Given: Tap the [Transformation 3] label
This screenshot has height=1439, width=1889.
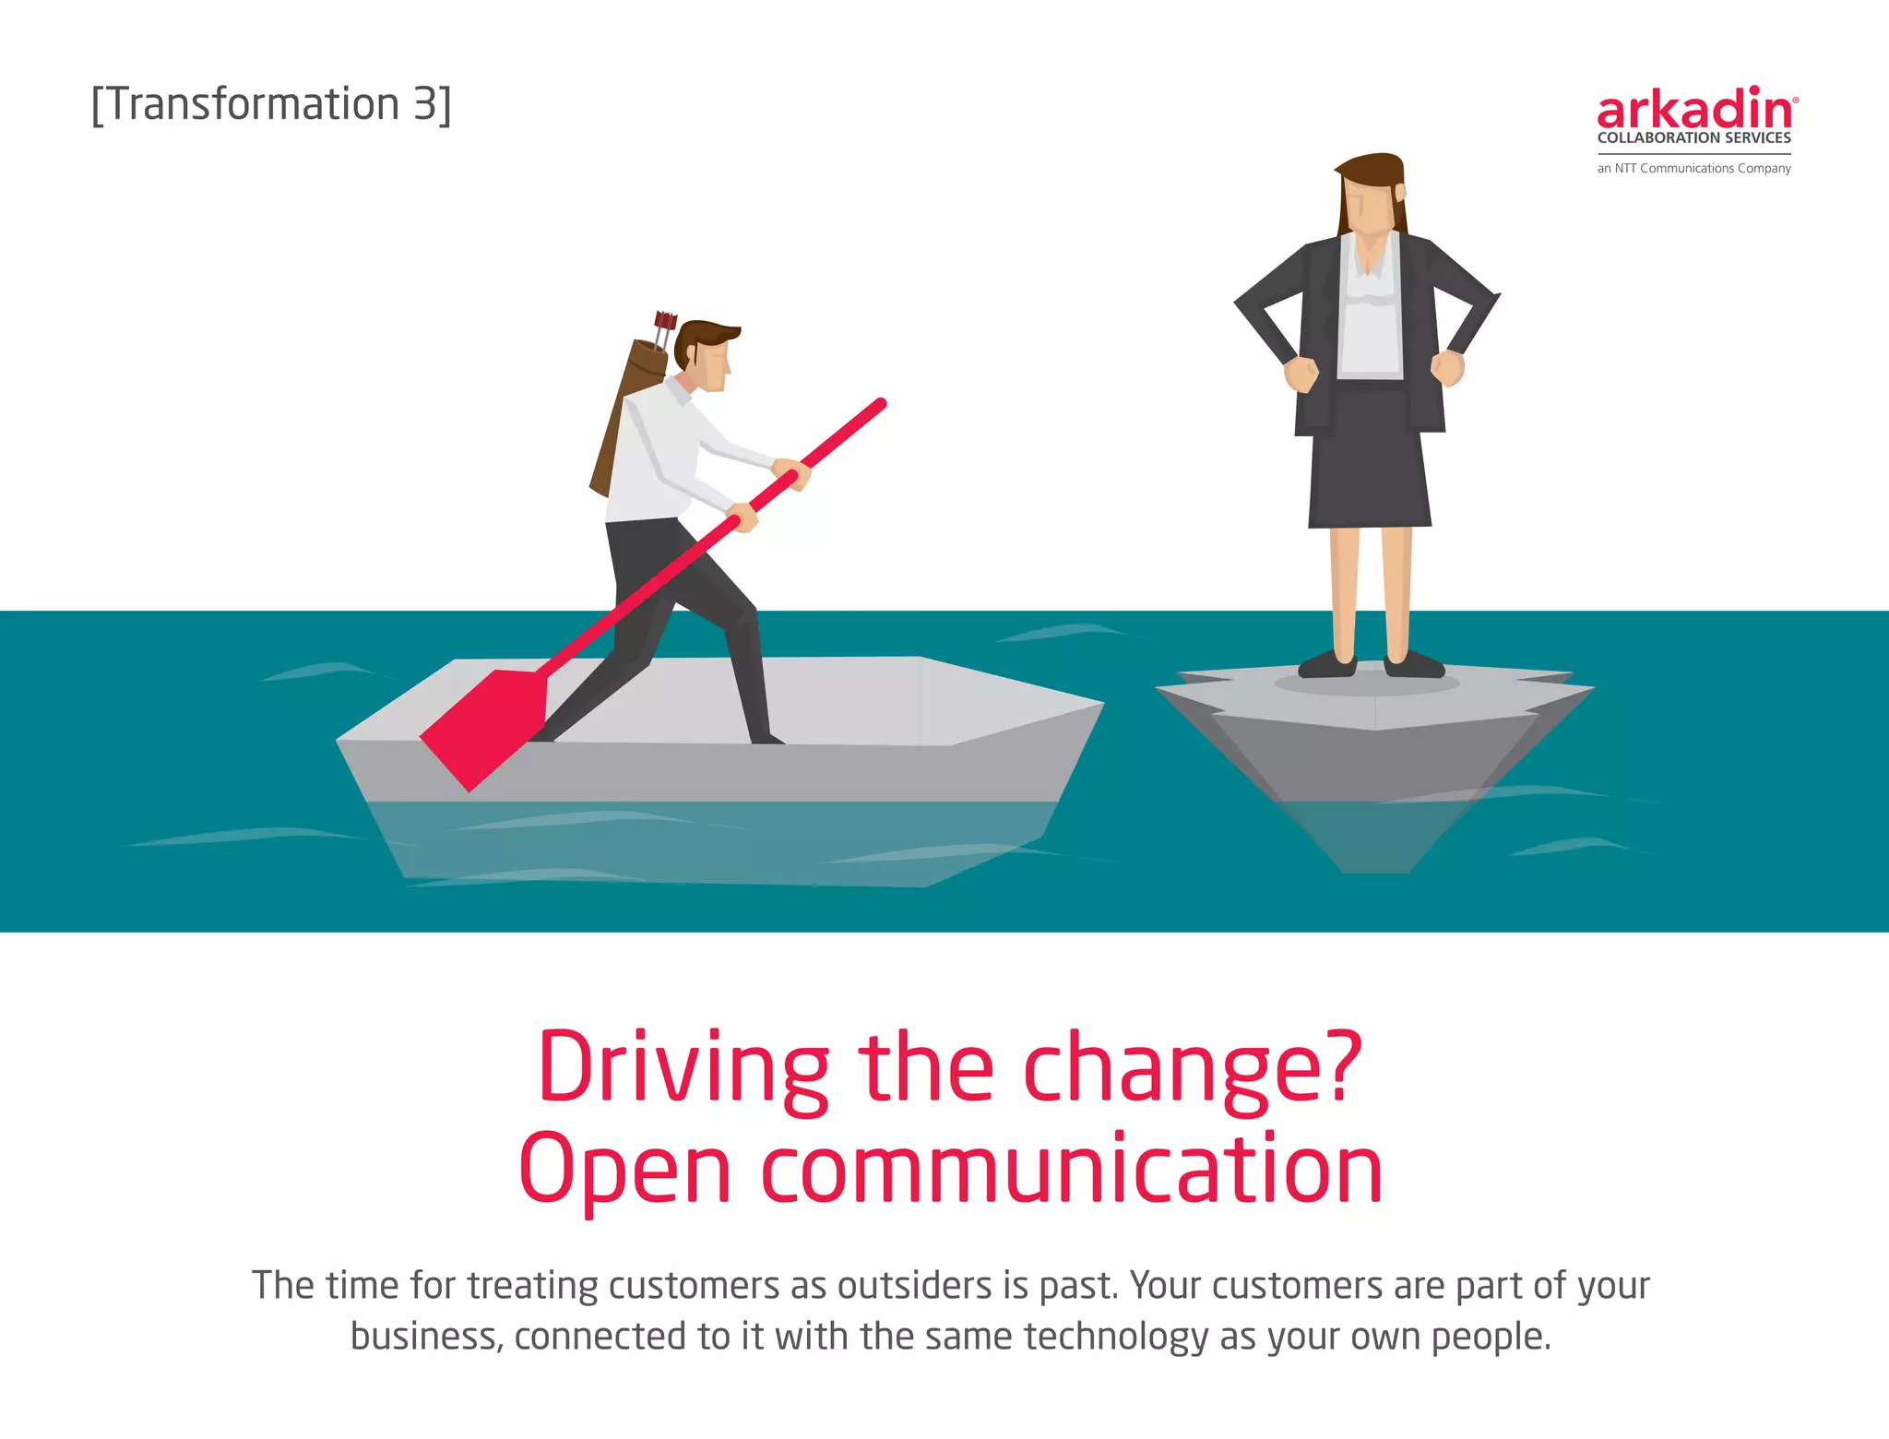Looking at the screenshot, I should (x=271, y=104).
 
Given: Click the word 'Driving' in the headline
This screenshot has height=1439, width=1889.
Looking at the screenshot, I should (x=683, y=1068).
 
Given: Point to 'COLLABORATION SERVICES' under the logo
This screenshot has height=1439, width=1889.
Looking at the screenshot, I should (x=1693, y=138).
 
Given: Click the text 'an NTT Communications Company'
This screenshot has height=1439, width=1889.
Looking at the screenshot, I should (x=1693, y=168).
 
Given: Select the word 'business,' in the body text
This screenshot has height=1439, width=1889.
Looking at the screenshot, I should (x=426, y=1337).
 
